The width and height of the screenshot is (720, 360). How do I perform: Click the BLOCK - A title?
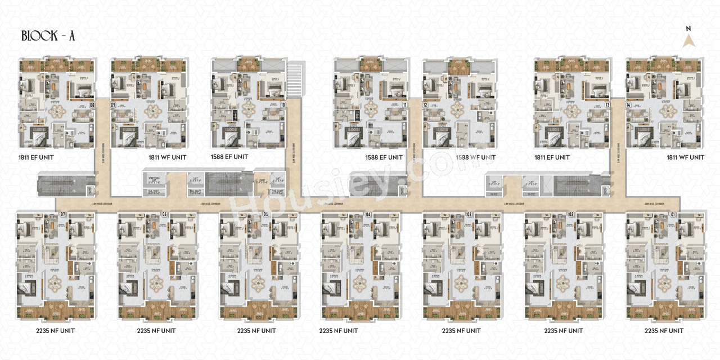point(48,36)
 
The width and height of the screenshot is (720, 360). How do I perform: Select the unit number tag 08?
point(92,105)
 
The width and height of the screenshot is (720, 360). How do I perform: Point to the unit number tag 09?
point(113,105)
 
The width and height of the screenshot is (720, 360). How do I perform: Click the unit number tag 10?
point(283,105)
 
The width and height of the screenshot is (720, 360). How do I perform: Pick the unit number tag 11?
point(404,105)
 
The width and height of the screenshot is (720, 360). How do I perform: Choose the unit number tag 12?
point(426,105)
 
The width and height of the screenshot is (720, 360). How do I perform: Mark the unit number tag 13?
point(607,105)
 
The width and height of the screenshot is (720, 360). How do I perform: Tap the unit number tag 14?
point(629,105)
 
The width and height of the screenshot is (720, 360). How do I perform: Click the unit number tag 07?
point(63,214)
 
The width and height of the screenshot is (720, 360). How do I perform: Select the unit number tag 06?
point(165,214)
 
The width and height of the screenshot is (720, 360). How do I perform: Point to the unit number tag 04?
point(368,214)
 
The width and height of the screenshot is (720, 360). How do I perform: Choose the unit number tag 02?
point(571,214)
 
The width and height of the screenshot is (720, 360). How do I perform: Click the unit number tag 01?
point(673,214)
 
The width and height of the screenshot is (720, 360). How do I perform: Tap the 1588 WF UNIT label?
point(476,157)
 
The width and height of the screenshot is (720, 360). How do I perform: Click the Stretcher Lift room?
point(154,181)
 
